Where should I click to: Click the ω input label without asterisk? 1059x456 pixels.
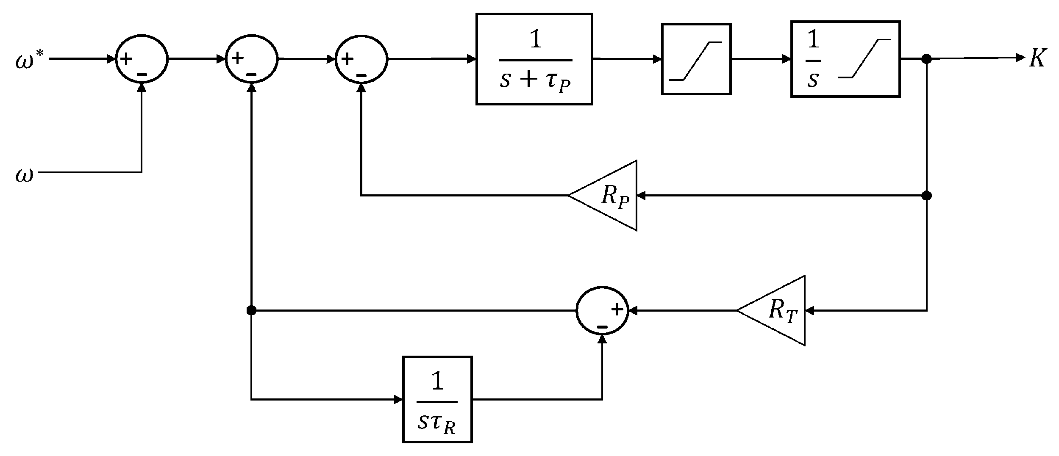pyautogui.click(x=24, y=175)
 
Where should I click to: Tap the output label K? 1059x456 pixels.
pyautogui.click(x=1037, y=58)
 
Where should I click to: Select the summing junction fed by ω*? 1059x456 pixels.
pyautogui.click(x=142, y=60)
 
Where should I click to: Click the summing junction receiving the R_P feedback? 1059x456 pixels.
pyautogui.click(x=361, y=60)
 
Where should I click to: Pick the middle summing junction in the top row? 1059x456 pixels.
pyautogui.click(x=252, y=60)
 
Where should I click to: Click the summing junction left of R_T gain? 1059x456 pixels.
pyautogui.click(x=602, y=311)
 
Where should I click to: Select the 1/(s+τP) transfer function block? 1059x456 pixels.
pyautogui.click(x=534, y=59)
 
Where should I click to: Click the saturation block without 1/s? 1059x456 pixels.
pyautogui.click(x=696, y=59)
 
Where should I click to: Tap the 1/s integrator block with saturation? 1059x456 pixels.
pyautogui.click(x=845, y=59)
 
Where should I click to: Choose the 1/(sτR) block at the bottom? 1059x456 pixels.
pyautogui.click(x=437, y=399)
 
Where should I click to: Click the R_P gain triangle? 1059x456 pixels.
pyautogui.click(x=610, y=196)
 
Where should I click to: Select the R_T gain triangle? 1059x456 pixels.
pyautogui.click(x=778, y=311)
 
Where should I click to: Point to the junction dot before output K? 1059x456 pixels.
pyautogui.click(x=927, y=59)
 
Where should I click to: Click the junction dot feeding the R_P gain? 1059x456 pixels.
pyautogui.click(x=927, y=196)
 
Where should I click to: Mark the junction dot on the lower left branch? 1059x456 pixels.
pyautogui.click(x=251, y=311)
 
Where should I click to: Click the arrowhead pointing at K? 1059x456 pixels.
pyautogui.click(x=1020, y=58)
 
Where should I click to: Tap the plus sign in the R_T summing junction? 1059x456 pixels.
pyautogui.click(x=617, y=310)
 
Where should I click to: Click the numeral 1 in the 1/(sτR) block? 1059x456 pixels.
pyautogui.click(x=437, y=381)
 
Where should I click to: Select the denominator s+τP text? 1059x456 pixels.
pyautogui.click(x=535, y=80)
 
